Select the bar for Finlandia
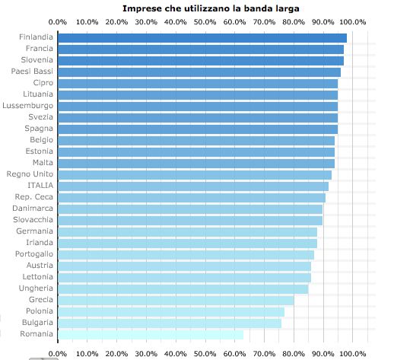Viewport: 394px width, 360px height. coord(202,37)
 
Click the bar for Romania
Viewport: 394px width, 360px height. coord(150,334)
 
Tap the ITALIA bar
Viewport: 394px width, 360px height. coord(192,186)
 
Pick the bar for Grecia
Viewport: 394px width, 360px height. coord(175,300)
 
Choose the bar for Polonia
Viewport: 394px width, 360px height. coord(170,311)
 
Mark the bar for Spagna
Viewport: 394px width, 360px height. coord(197,129)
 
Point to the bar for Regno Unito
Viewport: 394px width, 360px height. coord(194,174)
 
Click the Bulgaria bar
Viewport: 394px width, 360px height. coord(169,323)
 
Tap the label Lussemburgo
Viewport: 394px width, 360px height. coord(28,106)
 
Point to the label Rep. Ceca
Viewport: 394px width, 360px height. coord(33,197)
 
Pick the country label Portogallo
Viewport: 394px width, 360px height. coord(30,254)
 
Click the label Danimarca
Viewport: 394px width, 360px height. coord(33,209)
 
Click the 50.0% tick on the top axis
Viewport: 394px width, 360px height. coord(205,22)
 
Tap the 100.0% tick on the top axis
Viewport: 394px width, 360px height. coord(353,22)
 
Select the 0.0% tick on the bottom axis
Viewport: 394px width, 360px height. coord(58,353)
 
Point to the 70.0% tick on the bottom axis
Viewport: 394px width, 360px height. coord(265,353)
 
